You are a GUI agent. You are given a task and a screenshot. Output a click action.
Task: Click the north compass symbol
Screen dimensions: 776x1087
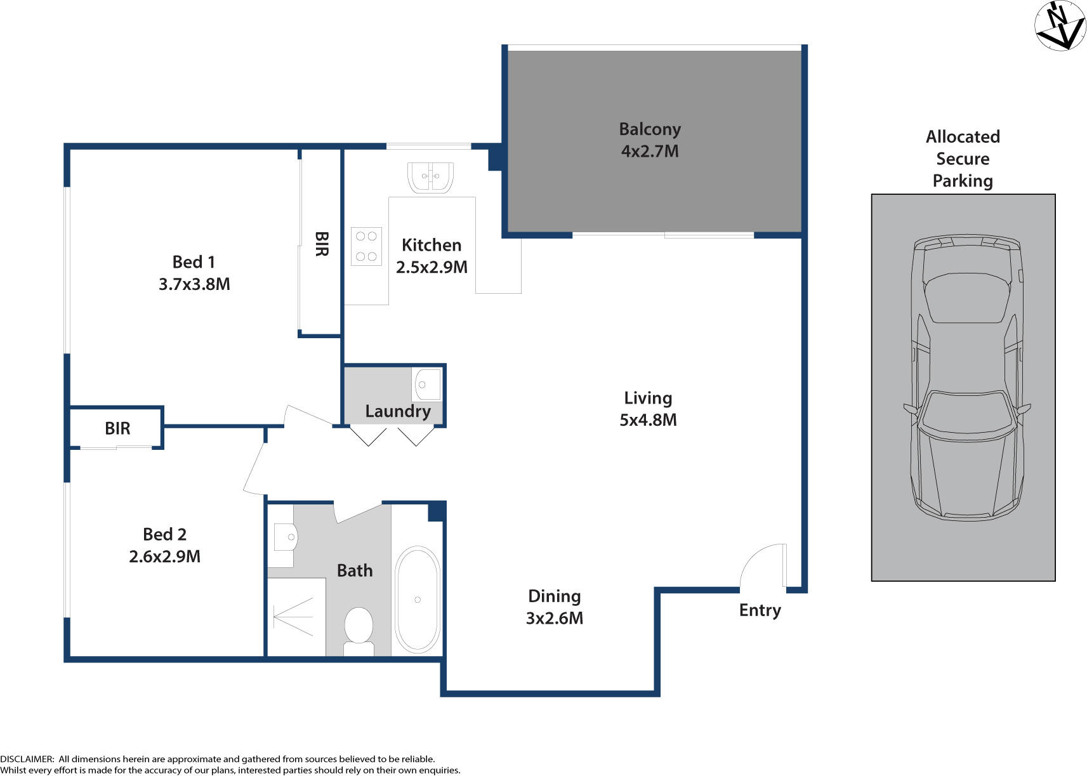click(x=1060, y=25)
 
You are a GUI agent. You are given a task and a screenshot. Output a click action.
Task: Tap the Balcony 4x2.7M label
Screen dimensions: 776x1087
click(x=650, y=140)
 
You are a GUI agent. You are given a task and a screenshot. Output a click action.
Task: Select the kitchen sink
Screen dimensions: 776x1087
click(x=430, y=177)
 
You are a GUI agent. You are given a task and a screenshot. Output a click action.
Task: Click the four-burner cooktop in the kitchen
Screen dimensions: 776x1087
click(x=367, y=246)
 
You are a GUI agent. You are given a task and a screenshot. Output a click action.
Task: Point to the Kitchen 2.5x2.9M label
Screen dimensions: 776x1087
click(x=432, y=256)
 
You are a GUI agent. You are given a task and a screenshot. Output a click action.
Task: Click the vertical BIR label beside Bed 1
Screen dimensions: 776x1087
click(x=321, y=244)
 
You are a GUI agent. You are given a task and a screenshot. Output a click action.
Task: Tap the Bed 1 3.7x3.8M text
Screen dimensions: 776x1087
click(x=194, y=273)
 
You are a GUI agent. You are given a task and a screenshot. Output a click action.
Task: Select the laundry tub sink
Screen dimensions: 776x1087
click(x=427, y=385)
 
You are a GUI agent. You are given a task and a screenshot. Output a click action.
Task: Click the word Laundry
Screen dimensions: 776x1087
click(x=398, y=411)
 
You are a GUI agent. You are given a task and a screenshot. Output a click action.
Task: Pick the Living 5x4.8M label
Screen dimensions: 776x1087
click(x=648, y=409)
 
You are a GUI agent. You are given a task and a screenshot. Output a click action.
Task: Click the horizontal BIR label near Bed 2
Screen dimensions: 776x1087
click(x=117, y=428)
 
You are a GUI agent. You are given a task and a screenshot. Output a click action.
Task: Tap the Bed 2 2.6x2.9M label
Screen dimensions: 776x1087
click(x=164, y=546)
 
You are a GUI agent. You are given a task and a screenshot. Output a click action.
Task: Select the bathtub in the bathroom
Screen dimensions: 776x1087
click(x=417, y=599)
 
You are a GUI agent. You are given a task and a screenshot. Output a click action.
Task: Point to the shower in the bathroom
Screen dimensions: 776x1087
click(x=296, y=616)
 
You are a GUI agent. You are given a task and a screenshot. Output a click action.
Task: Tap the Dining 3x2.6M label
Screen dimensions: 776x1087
click(x=555, y=607)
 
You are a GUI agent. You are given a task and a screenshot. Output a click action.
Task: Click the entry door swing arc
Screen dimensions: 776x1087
click(x=761, y=563)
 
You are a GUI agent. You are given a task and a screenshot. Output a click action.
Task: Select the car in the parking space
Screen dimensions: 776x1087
click(x=965, y=378)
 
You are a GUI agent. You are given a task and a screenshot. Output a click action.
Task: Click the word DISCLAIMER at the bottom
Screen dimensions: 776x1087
click(x=27, y=759)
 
